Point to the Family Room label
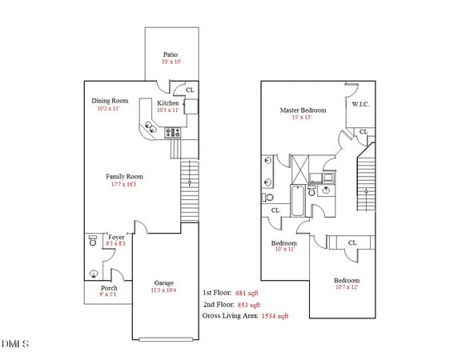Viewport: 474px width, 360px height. click(x=124, y=176)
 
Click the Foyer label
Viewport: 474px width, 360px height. click(x=115, y=238)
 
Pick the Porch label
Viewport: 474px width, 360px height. click(x=109, y=288)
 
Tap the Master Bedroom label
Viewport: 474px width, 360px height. click(x=304, y=110)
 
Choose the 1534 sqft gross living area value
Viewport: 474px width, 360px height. click(x=275, y=317)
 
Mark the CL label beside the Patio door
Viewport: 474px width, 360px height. click(x=190, y=90)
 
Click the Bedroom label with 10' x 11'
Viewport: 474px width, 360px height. click(x=284, y=243)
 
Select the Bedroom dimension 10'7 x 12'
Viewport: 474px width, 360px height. click(x=347, y=289)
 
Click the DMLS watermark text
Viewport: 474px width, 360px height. click(x=15, y=345)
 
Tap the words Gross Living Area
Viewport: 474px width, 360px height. click(x=231, y=317)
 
